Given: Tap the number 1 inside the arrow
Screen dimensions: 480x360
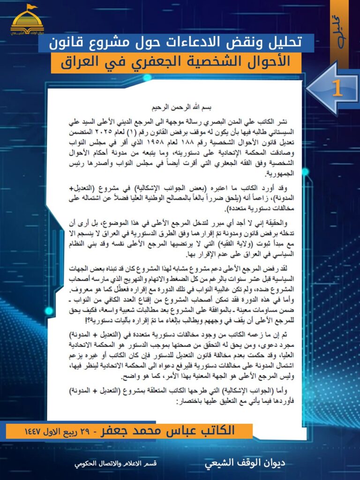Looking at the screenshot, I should coord(337,90).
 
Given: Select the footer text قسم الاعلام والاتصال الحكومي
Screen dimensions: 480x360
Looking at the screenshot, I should coord(116,464).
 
